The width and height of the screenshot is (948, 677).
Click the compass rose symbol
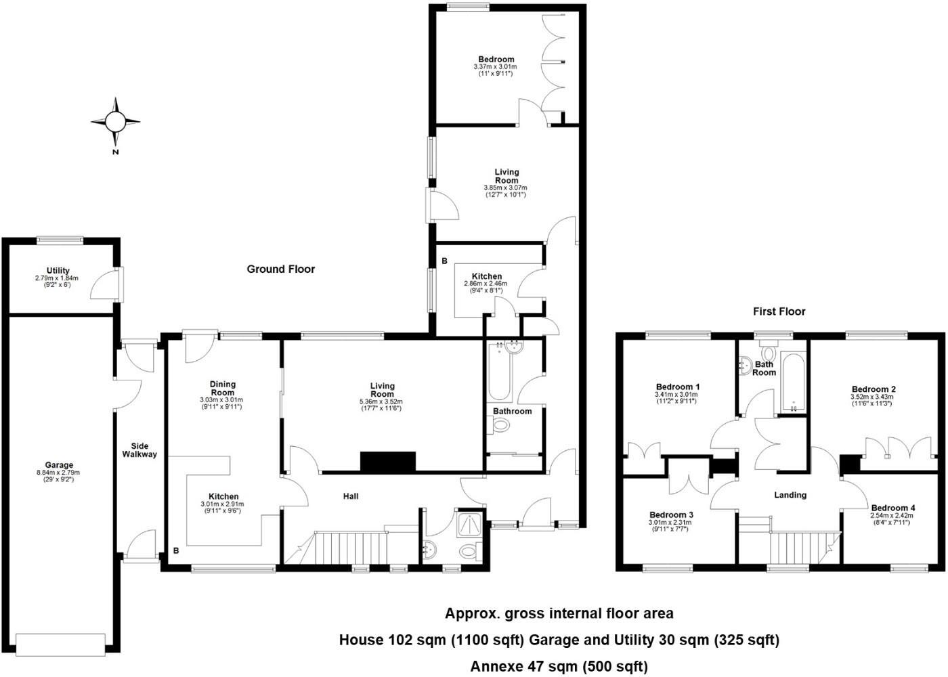[115, 123]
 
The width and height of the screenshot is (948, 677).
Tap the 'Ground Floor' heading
[280, 269]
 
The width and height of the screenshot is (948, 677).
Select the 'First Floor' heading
[779, 311]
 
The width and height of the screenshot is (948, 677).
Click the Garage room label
[60, 465]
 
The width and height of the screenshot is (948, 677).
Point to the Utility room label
[58, 271]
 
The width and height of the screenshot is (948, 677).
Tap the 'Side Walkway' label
[139, 450]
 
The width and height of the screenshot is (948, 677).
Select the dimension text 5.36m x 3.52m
[382, 401]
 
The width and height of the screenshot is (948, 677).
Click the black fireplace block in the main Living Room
[387, 462]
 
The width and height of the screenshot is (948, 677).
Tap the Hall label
[351, 496]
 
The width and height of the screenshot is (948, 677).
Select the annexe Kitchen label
[487, 276]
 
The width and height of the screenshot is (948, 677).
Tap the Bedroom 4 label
[892, 508]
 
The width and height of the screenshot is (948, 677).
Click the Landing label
[790, 495]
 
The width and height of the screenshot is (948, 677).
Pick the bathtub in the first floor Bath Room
[792, 383]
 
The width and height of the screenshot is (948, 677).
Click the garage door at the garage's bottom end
[61, 644]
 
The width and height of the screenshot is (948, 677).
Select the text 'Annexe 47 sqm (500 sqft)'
[559, 666]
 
